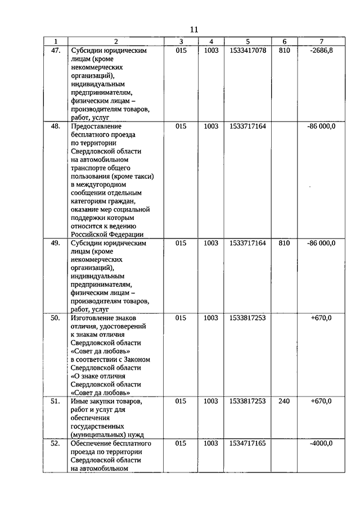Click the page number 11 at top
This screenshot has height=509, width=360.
pyautogui.click(x=193, y=30)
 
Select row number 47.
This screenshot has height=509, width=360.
pyautogui.click(x=55, y=50)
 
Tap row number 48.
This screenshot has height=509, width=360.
pyautogui.click(x=55, y=127)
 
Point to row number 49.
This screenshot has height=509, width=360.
pyautogui.click(x=55, y=243)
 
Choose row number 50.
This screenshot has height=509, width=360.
pyautogui.click(x=55, y=318)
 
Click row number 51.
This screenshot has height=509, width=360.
pyautogui.click(x=55, y=401)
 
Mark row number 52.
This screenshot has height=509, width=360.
pyautogui.click(x=55, y=443)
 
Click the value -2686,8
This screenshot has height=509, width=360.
pyautogui.click(x=321, y=50)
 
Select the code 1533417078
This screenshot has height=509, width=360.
pyautogui.click(x=247, y=50)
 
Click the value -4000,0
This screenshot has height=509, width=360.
pyautogui.click(x=321, y=443)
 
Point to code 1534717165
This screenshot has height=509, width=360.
pyautogui.click(x=247, y=443)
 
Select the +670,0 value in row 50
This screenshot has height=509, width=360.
pyautogui.click(x=321, y=318)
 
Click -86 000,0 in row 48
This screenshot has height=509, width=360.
pyautogui.click(x=321, y=127)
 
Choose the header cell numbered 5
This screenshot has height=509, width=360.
pyautogui.click(x=247, y=42)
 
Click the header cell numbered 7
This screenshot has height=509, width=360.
pyautogui.click(x=321, y=42)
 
